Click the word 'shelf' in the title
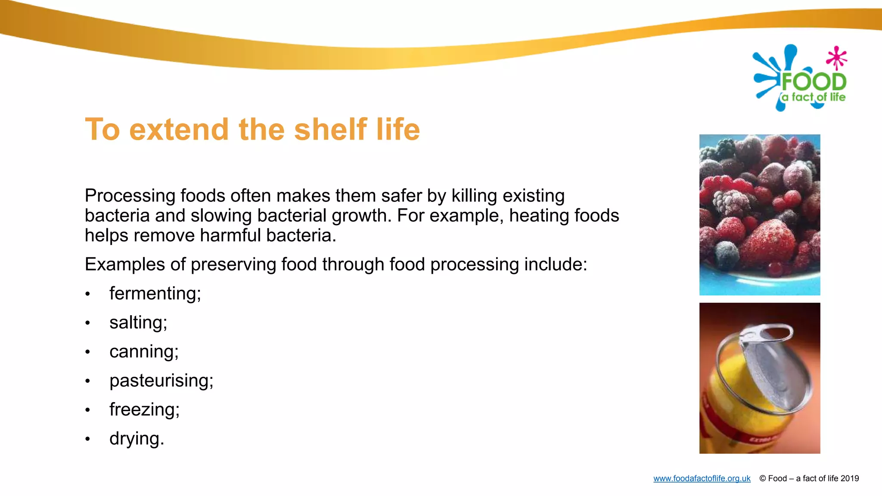[x=330, y=129]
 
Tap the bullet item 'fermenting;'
[x=155, y=294]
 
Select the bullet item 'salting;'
[x=138, y=322]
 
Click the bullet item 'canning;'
[x=144, y=352]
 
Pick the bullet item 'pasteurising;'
[x=161, y=381]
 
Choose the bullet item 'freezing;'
[x=144, y=409]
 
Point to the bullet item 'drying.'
[x=137, y=439]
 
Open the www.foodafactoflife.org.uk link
[x=702, y=478]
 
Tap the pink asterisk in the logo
[x=836, y=58]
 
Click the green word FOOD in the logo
[x=814, y=82]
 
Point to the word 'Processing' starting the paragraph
[x=130, y=196]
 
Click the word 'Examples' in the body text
[x=124, y=264]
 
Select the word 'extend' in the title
[x=179, y=129]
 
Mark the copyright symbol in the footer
[x=762, y=478]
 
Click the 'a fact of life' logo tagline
[x=814, y=97]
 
